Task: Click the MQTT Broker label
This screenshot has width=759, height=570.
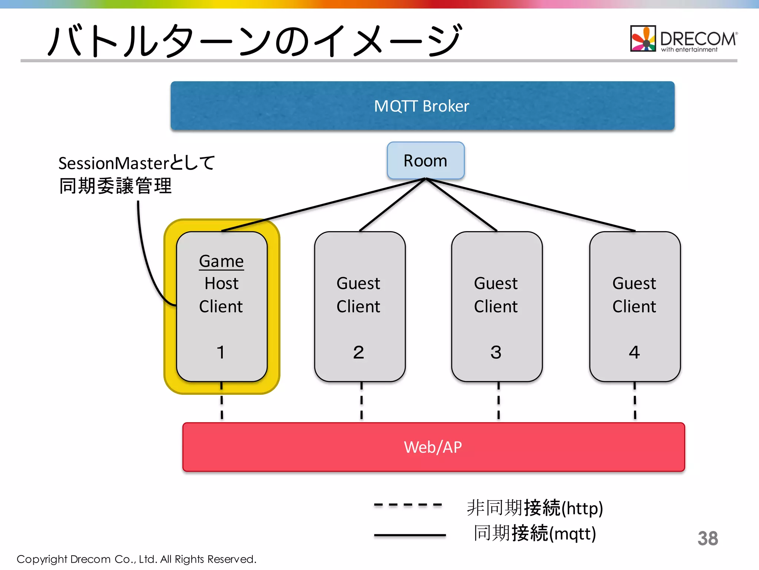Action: click(421, 106)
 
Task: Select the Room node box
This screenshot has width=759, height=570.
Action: click(425, 161)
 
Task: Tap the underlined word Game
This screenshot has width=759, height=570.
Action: click(221, 261)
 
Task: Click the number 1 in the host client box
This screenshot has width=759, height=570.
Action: click(221, 352)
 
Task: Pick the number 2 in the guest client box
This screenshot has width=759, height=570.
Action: click(358, 352)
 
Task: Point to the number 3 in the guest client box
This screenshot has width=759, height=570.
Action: click(496, 352)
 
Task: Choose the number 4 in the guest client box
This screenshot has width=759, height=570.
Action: click(634, 352)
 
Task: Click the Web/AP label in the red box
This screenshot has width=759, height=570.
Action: click(433, 447)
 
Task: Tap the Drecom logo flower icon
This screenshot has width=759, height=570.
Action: click(643, 39)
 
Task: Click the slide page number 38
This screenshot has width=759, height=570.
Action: click(707, 538)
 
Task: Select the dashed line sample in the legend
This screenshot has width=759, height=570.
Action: click(408, 505)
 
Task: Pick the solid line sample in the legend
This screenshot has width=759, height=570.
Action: click(410, 535)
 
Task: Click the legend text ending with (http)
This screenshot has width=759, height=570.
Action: click(535, 508)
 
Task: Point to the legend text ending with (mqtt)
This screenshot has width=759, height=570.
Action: click(535, 534)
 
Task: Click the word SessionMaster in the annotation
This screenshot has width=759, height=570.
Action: click(114, 163)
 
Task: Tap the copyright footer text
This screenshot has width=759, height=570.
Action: click(136, 559)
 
